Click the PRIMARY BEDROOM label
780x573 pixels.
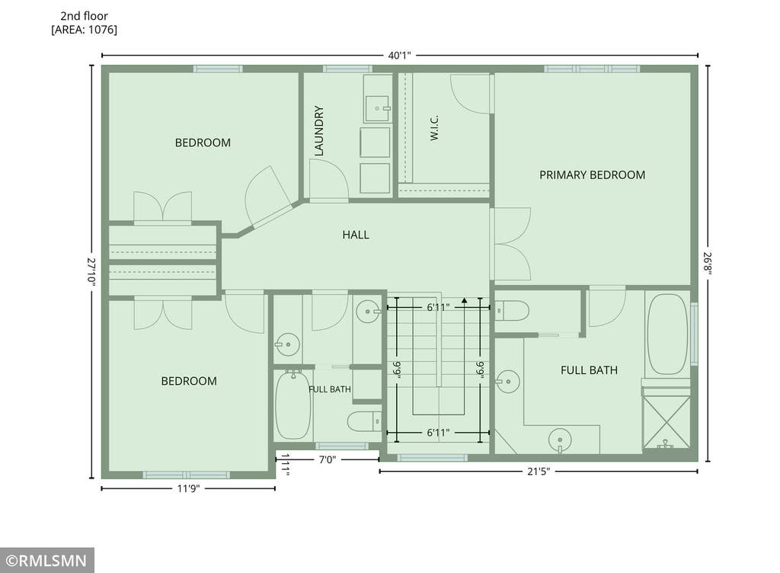tap(592, 175)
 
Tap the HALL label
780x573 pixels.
tap(356, 235)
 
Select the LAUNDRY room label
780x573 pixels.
tap(319, 131)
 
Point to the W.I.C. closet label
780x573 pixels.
tap(433, 128)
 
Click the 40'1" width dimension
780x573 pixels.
tap(399, 55)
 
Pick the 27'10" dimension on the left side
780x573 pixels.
tap(91, 270)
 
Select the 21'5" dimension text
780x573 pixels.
tap(539, 471)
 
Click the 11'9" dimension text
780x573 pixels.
tap(189, 488)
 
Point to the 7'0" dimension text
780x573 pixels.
tap(328, 459)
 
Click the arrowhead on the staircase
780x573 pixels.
tap(464, 300)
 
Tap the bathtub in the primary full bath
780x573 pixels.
tap(667, 335)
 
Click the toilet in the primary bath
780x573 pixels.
tap(512, 311)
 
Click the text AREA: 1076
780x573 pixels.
tap(84, 30)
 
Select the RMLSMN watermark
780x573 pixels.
tap(46, 561)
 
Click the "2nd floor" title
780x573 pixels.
tap(84, 16)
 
